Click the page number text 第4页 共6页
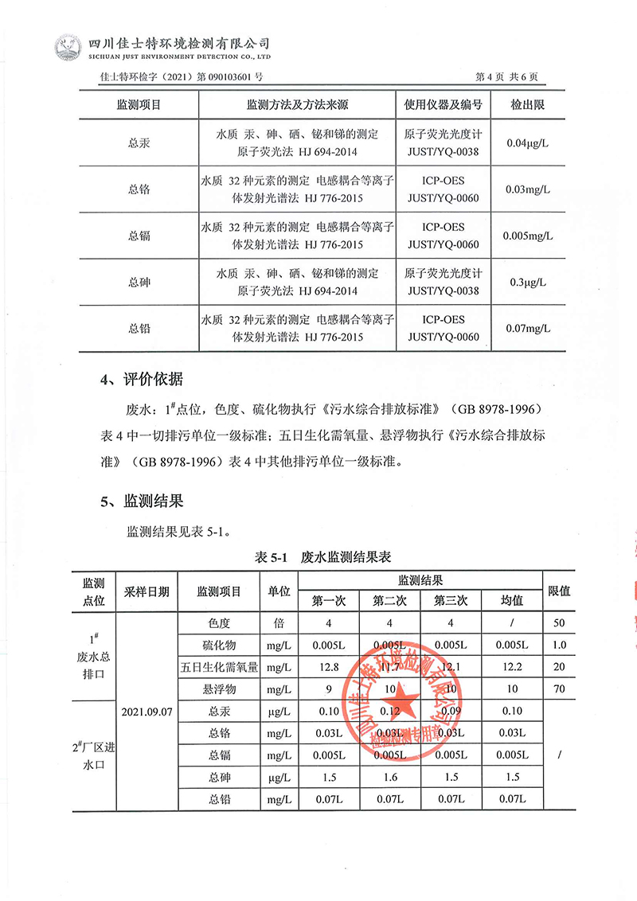click(x=506, y=77)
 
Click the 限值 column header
click(x=559, y=591)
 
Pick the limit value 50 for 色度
click(x=559, y=622)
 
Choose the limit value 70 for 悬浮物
click(x=559, y=688)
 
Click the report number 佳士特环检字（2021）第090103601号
click(x=183, y=77)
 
